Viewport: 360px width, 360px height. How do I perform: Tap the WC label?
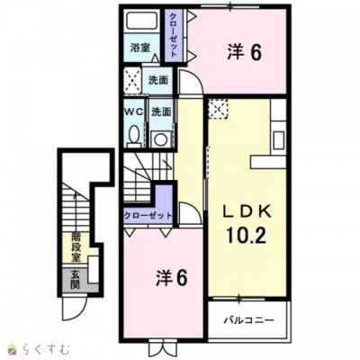[133, 112]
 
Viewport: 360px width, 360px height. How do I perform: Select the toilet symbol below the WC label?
[134, 136]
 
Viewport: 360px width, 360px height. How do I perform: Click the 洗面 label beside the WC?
[161, 112]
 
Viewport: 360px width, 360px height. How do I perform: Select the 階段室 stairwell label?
[76, 245]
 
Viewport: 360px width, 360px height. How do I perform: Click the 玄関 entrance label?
[76, 280]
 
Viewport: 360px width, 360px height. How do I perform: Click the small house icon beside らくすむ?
[12, 346]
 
